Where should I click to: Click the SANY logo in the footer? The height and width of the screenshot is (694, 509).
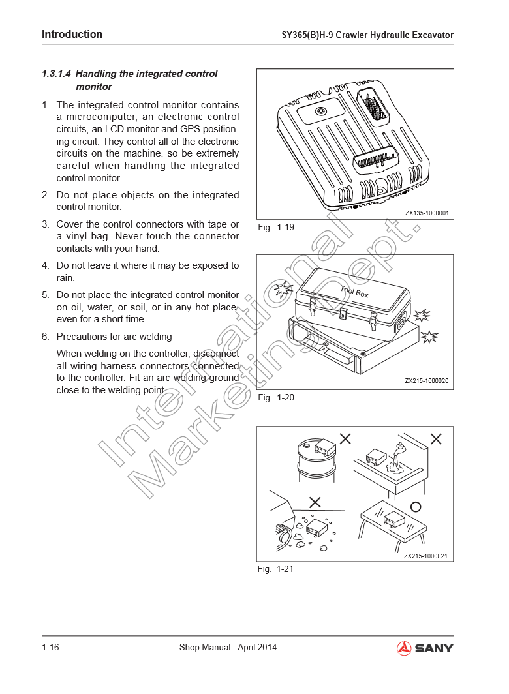point(425,648)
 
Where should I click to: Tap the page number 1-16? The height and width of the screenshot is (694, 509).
point(50,647)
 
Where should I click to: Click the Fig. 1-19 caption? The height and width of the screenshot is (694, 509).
point(276,227)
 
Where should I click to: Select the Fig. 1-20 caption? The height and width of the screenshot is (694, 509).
point(276,397)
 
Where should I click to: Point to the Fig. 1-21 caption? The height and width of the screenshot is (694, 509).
point(275,569)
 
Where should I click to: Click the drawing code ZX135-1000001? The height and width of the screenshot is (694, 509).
point(427,213)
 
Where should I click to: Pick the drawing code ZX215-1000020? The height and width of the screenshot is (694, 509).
point(427,381)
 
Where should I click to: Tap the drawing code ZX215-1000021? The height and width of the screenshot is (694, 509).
point(425,556)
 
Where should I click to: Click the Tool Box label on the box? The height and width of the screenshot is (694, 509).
point(354,292)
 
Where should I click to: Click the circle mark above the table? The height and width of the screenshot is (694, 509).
point(416,507)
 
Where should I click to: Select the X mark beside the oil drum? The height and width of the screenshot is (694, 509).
point(345,438)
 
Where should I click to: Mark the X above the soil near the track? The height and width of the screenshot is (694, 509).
point(315,502)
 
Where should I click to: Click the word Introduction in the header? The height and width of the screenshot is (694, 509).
point(72,34)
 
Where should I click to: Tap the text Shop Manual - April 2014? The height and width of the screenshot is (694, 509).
point(228,647)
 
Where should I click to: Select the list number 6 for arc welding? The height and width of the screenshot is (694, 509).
point(45,337)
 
